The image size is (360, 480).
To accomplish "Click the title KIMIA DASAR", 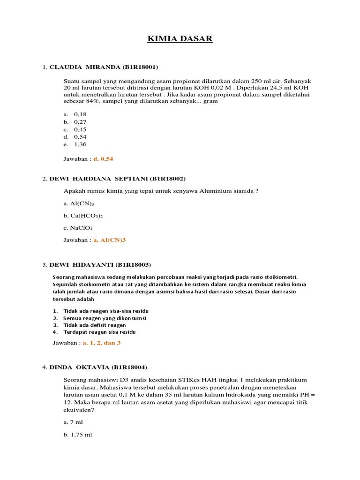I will (x=180, y=39).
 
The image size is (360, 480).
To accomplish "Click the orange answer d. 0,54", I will (x=103, y=159).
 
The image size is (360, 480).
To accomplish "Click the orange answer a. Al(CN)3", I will (x=110, y=240).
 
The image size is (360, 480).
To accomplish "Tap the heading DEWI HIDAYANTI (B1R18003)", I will (x=100, y=264).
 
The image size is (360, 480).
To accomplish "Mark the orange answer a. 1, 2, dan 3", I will (x=102, y=343).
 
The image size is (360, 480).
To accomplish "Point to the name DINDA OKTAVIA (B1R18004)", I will (x=98, y=367).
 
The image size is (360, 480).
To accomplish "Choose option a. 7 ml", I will (x=73, y=422).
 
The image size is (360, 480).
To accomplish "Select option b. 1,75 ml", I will (x=78, y=435).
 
